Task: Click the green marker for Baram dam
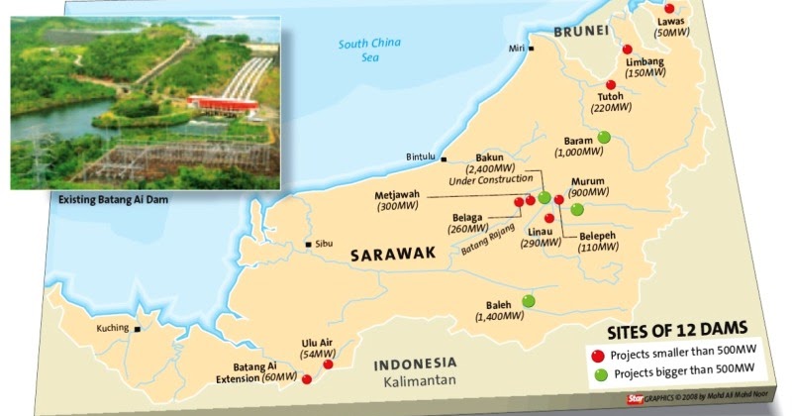click(603, 138)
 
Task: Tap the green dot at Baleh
click(528, 300)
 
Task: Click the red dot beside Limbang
click(627, 50)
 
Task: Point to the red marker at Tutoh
click(611, 85)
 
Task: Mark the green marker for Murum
click(577, 209)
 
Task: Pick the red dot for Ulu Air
click(328, 364)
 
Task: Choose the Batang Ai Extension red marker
click(306, 378)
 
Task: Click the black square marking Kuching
click(140, 331)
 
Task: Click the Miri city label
click(513, 47)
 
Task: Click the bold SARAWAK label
click(393, 256)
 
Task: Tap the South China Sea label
click(366, 50)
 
